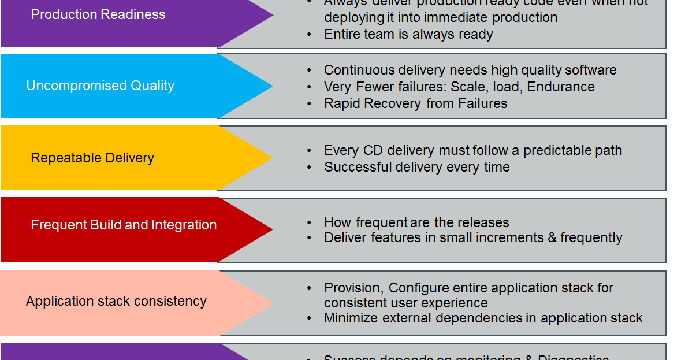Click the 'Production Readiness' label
coord(98,14)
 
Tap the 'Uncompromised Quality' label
coord(100,86)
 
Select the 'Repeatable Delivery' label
coord(92,158)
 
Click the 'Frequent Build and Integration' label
coord(124,225)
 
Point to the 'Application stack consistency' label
coord(116,301)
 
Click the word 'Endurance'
coord(561,87)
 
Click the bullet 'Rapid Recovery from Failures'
coord(415,103)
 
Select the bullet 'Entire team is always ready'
coord(408,34)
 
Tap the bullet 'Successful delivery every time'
coord(416,167)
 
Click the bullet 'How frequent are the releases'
coord(416,222)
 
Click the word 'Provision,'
coord(354,288)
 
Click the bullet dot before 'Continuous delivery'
coord(310,70)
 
